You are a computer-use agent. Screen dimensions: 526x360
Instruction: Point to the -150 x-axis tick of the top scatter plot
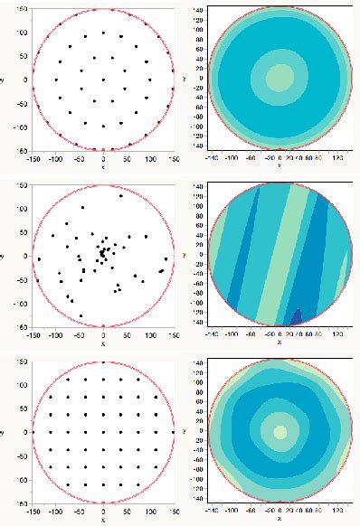click(x=33, y=156)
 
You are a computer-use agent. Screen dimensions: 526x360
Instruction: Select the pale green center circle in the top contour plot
click(x=279, y=78)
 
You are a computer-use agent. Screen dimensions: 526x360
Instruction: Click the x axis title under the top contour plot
click(x=279, y=164)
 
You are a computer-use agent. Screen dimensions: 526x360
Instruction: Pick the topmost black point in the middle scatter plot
click(x=121, y=195)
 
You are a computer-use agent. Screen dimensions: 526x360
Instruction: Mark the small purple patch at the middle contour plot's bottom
click(x=298, y=317)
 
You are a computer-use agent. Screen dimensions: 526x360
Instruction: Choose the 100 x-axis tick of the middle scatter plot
click(x=150, y=333)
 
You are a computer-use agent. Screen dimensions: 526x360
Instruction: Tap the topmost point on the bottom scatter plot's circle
click(x=103, y=362)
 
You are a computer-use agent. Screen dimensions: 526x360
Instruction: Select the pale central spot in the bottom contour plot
click(x=279, y=431)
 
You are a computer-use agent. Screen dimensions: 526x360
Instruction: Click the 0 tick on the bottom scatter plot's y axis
click(x=26, y=432)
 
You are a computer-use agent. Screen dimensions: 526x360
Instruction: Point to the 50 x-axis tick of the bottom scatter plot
click(x=127, y=510)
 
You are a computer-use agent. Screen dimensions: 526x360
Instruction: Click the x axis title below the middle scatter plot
click(x=103, y=342)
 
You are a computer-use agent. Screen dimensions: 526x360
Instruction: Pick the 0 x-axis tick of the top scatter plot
click(x=103, y=156)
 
